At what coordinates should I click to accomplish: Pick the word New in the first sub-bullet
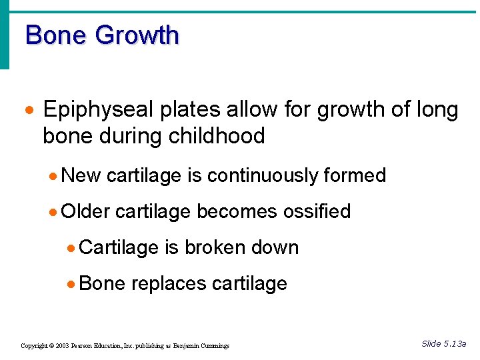pos(81,175)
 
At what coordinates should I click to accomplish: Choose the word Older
pos(85,211)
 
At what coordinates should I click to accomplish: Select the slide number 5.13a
pos(455,343)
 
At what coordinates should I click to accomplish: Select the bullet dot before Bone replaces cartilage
pos(71,284)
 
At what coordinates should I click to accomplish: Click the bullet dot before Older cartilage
pos(53,212)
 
